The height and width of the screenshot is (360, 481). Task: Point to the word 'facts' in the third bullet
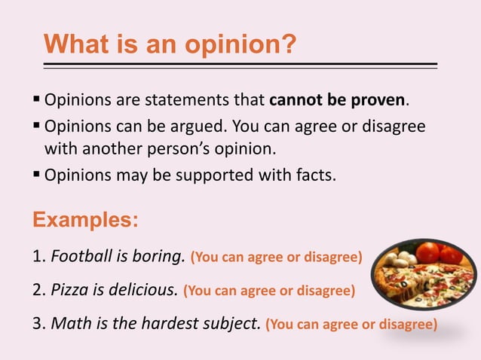point(314,175)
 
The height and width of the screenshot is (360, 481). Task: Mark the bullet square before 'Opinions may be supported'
point(37,175)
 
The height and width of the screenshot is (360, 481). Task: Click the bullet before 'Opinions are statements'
point(37,100)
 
